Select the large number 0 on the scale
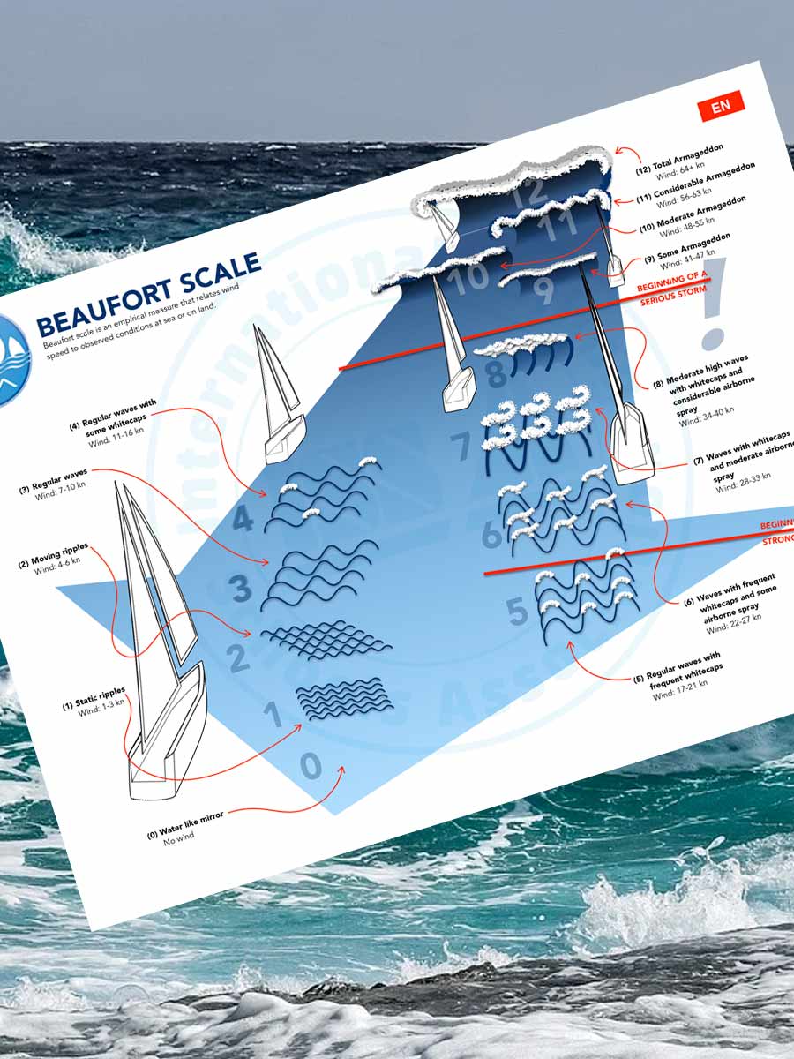311,766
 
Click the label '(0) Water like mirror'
185,822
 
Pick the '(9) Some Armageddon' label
684,249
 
